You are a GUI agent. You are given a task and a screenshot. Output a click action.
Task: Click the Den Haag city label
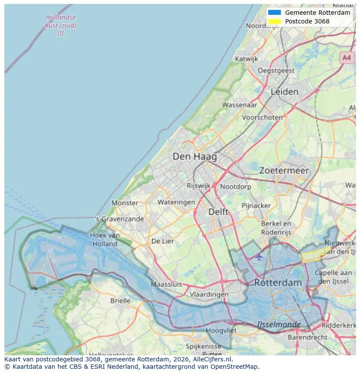tap(194, 156)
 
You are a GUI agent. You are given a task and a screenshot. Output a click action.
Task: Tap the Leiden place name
tap(284, 92)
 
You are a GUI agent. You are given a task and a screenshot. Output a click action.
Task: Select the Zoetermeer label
tap(284, 171)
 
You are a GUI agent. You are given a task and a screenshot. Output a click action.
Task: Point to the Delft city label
tap(218, 212)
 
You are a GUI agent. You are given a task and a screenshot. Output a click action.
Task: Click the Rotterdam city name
tap(278, 282)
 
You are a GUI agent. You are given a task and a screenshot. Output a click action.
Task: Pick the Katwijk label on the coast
tap(247, 59)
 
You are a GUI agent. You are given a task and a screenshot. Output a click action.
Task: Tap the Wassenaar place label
tap(240, 105)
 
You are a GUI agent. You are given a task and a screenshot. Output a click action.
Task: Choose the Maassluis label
tap(166, 285)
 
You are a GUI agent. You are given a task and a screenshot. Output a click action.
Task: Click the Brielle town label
tap(120, 301)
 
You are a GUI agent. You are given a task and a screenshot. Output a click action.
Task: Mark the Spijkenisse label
tap(203, 346)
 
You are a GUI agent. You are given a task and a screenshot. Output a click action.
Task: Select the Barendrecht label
tap(307, 337)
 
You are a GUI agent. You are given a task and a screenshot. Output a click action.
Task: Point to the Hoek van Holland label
tap(105, 239)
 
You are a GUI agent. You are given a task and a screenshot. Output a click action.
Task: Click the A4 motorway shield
tap(347, 57)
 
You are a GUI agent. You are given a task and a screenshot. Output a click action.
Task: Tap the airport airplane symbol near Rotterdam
tap(259, 257)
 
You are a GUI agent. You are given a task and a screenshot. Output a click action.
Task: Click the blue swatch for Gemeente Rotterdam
tap(275, 13)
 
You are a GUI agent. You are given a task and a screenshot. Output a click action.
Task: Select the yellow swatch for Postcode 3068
tap(275, 21)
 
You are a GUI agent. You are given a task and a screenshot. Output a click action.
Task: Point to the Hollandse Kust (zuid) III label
tap(60, 25)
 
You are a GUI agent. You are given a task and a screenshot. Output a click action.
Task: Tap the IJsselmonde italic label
tap(279, 324)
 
